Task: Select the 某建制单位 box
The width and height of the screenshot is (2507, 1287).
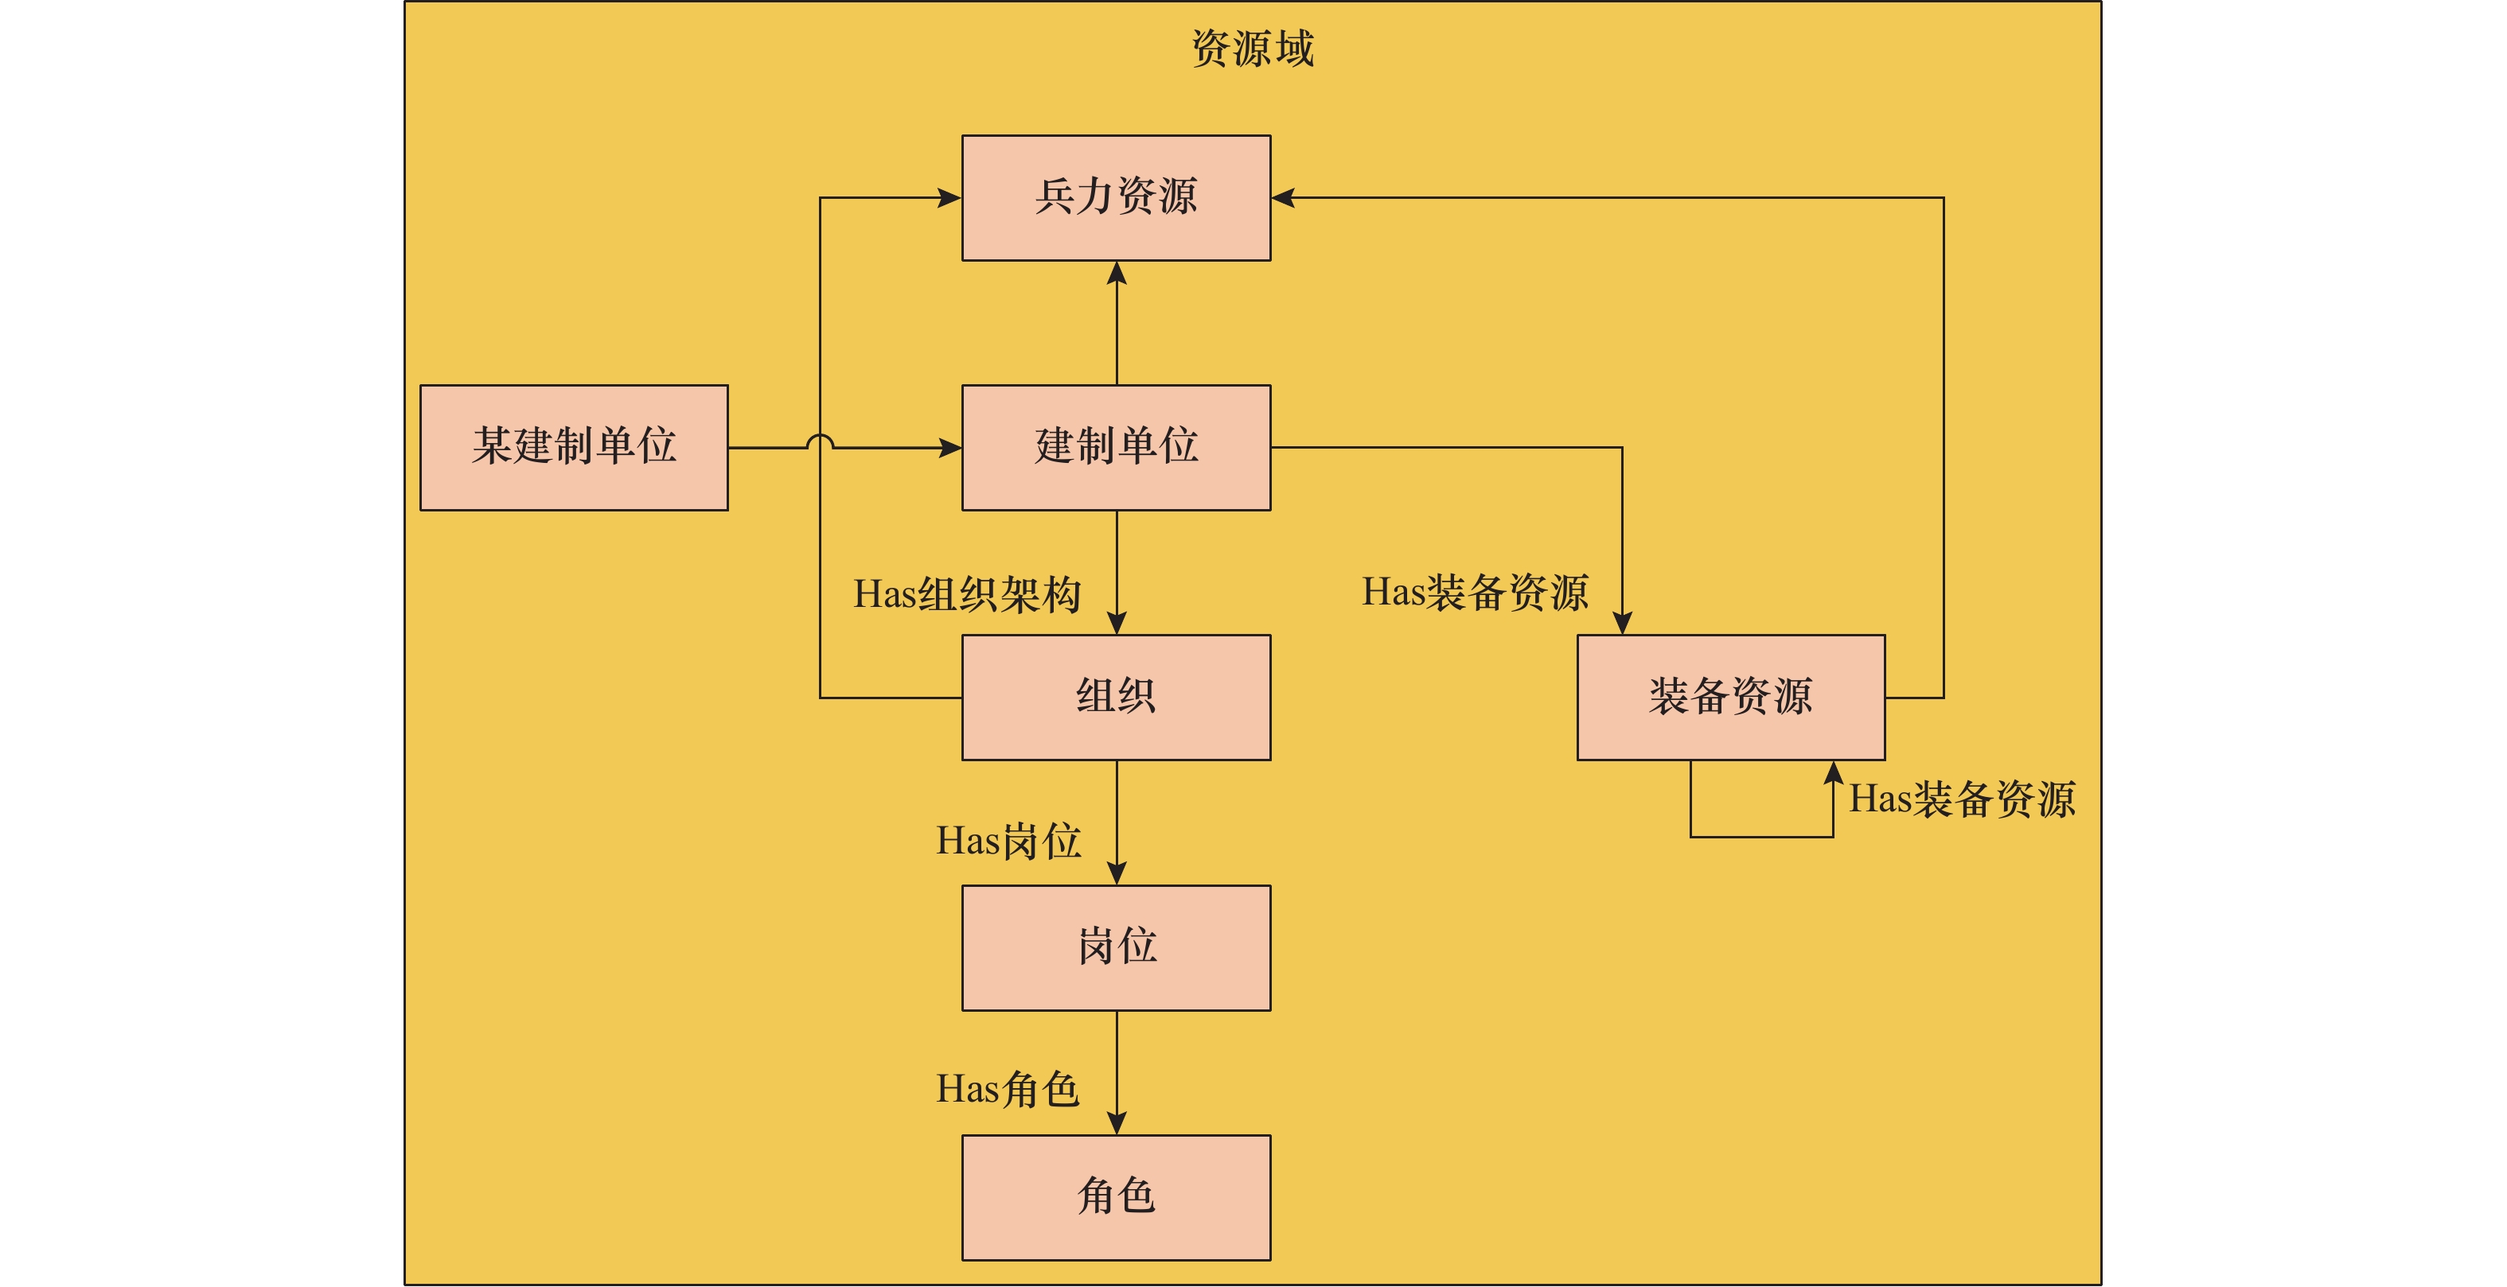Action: pos(573,448)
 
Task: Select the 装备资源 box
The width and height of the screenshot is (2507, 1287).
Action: pos(1730,698)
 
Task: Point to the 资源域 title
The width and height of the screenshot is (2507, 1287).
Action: pos(1253,49)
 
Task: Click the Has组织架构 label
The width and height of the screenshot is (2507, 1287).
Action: pos(966,594)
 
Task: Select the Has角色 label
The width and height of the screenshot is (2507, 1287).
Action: pos(1008,1090)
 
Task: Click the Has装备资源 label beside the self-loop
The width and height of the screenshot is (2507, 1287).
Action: pos(1962,799)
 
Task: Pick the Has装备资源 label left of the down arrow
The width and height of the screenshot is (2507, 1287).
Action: pos(1475,593)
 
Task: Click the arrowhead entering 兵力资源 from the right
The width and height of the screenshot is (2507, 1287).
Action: pos(1284,197)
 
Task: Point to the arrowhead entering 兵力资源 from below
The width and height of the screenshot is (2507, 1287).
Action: pos(1117,274)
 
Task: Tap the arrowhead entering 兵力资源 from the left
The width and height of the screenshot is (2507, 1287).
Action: pos(949,197)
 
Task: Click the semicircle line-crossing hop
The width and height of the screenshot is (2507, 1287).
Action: pos(820,442)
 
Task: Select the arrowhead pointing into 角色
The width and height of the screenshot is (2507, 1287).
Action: pos(1117,1122)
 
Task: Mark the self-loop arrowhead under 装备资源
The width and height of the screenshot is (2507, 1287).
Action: pos(1833,773)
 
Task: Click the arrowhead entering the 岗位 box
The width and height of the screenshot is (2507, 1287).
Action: pos(1117,873)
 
